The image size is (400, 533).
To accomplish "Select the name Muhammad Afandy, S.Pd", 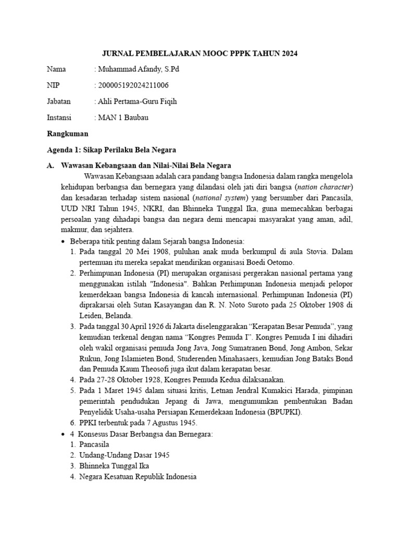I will pos(139,69).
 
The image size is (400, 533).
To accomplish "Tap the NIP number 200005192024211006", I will pos(133,85).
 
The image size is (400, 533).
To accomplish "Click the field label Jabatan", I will pos(58,101).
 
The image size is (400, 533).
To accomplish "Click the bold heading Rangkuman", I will pos(67,133).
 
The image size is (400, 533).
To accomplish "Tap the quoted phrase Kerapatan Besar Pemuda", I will pos(293,326).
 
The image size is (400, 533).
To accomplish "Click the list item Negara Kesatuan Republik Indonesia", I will pos(138,476).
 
